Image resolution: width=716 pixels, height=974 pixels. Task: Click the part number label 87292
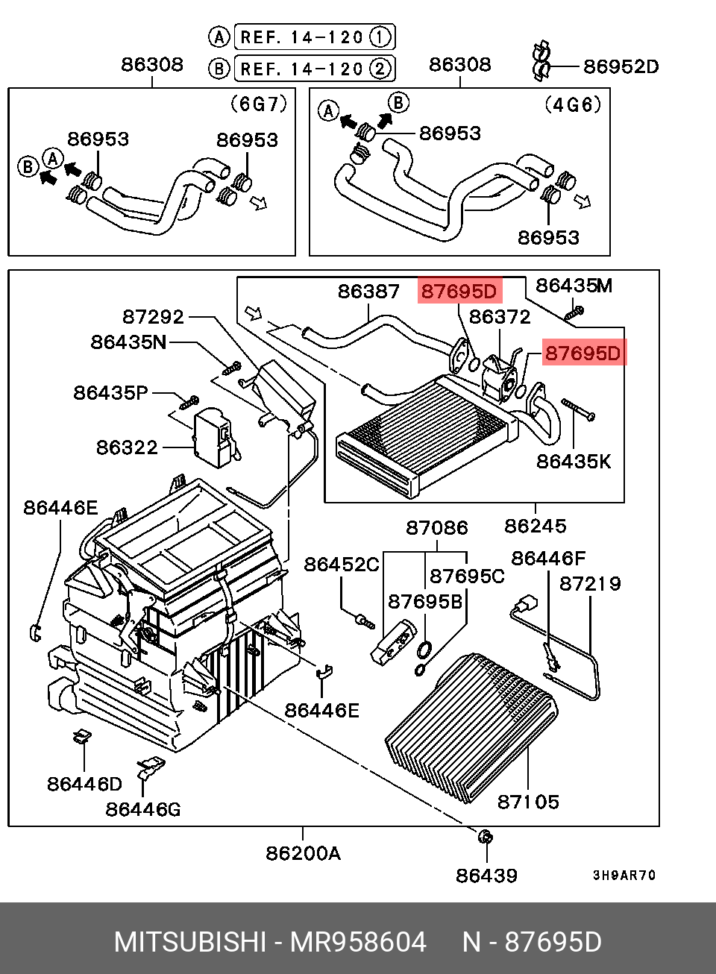point(153,317)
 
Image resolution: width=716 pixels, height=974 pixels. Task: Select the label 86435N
point(129,342)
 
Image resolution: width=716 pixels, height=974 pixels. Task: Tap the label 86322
point(127,447)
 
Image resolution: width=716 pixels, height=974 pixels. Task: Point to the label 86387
point(368,291)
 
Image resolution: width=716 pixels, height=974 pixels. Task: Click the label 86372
point(500,317)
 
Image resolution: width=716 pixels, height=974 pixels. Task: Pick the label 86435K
point(574,462)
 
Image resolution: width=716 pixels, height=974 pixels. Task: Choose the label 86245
point(535,526)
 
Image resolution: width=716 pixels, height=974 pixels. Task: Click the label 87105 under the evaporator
point(528,802)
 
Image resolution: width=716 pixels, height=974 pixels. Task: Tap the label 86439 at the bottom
point(486,875)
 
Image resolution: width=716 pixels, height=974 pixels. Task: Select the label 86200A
point(303,852)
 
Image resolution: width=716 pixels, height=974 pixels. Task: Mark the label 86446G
point(143,809)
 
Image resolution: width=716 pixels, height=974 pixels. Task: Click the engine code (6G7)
point(258,104)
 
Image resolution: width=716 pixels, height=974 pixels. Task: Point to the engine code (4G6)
point(572,104)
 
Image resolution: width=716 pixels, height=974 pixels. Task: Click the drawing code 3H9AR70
point(624,876)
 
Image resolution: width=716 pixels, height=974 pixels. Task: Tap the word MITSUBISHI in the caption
point(189,942)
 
